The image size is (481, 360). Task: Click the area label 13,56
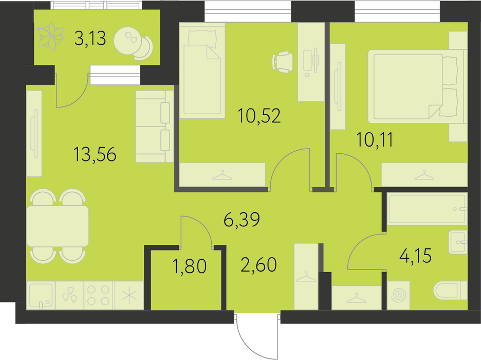[x=95, y=154]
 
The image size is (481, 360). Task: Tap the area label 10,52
[x=259, y=116]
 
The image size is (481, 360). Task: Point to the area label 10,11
[x=375, y=140]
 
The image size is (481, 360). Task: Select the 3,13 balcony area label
[x=90, y=39]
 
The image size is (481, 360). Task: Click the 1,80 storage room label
[x=189, y=266]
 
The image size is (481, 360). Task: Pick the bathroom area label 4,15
[x=416, y=256]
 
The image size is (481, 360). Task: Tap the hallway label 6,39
[x=242, y=220]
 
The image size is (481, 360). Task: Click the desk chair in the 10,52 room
[x=282, y=62]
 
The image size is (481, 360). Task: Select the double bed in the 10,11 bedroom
[x=415, y=84]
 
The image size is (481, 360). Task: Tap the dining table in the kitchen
[x=58, y=226]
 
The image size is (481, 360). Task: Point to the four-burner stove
[x=99, y=295]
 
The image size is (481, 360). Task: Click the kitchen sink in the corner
[x=41, y=295]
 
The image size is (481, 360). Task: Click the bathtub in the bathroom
[x=428, y=209]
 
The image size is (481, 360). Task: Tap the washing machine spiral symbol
[x=398, y=295]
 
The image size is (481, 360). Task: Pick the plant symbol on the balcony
[x=50, y=37]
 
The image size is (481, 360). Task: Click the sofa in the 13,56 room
[x=154, y=126]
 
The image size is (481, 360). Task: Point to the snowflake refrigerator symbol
[x=129, y=295]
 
